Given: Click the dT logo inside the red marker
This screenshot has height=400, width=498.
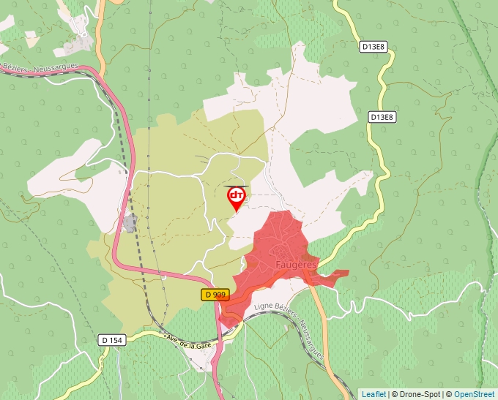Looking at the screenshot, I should [x=237, y=195].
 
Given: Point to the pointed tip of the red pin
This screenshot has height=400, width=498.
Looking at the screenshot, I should [x=237, y=212].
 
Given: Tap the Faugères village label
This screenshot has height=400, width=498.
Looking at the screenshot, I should [x=296, y=263].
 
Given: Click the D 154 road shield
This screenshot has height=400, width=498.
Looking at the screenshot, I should [x=111, y=340].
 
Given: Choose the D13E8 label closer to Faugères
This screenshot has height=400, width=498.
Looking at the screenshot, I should [x=382, y=117].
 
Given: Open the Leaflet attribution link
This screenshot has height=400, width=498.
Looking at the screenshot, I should [x=373, y=394].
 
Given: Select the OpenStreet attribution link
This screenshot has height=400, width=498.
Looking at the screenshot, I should [x=475, y=394].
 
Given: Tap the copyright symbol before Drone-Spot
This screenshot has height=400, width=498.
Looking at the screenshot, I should [x=394, y=394].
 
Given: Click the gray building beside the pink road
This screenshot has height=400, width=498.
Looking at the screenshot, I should [x=130, y=223].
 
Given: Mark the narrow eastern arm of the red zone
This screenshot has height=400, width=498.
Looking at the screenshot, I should [x=333, y=276].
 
